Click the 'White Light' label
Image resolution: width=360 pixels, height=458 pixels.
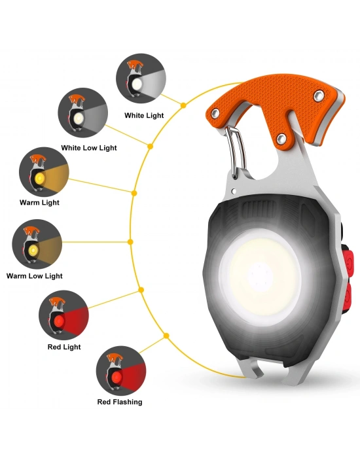[x=144, y=115]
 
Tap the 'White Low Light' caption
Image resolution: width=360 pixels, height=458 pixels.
[x=89, y=148]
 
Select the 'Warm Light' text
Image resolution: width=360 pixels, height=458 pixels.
[x=39, y=202]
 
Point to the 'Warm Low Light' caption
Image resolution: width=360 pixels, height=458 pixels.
[x=35, y=275]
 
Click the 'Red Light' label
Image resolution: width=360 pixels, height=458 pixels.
[x=64, y=347]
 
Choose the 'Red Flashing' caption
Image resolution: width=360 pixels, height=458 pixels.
[x=120, y=402]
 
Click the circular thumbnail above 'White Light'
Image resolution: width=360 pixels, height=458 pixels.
[x=141, y=79]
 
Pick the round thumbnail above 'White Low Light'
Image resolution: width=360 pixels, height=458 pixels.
[x=83, y=113]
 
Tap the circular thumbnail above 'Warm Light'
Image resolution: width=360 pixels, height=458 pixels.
[x=44, y=172]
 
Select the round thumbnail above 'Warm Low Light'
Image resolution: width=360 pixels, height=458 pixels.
[x=37, y=244]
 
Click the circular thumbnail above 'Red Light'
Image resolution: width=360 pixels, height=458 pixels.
[x=63, y=315]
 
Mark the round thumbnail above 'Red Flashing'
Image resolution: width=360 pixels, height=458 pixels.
[x=121, y=371]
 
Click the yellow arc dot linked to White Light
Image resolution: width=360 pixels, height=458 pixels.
[x=183, y=105]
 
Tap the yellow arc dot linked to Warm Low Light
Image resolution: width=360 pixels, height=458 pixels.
[x=131, y=242]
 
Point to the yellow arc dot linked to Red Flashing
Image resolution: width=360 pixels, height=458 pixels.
[x=166, y=336]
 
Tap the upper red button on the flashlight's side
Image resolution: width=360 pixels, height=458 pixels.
[x=348, y=262]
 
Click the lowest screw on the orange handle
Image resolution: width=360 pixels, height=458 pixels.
[x=281, y=138]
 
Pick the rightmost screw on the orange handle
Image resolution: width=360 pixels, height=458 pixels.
[x=319, y=96]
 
